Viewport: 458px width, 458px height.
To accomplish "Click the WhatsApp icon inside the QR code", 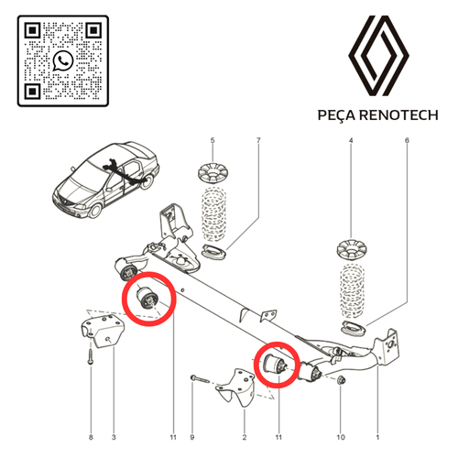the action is [63, 60].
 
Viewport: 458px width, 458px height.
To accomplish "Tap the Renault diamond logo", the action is [378, 55].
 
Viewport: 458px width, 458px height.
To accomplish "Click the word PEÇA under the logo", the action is [336, 115].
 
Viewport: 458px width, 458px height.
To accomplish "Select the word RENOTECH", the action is [398, 115].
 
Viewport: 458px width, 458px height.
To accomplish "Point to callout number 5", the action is [213, 140].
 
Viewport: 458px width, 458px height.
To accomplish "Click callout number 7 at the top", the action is [258, 140].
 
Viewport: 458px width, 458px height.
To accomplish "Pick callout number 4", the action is [351, 140].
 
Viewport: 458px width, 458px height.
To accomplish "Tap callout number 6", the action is [407, 140].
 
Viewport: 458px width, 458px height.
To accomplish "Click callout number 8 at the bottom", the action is [91, 437].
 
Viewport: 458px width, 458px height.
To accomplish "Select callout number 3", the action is [114, 437].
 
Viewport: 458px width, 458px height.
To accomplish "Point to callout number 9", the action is [192, 437].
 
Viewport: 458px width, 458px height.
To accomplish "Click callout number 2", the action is [245, 437].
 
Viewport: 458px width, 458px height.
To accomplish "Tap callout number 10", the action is [341, 437].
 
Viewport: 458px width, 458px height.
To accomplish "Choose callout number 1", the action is [377, 437].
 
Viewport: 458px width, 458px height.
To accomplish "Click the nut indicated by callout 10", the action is [341, 380].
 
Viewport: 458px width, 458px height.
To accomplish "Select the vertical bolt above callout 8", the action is [91, 356].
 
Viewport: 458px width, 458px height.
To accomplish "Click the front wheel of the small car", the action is [96, 211].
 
